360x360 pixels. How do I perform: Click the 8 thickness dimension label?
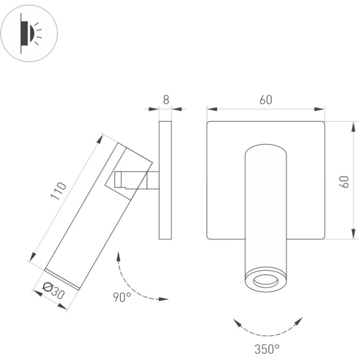coord(166,100)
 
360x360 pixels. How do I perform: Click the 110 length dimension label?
coord(58,191)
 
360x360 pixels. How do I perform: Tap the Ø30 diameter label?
coord(54,291)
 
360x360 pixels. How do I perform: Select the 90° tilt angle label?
coord(122,297)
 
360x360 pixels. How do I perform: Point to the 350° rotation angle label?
coord(267,349)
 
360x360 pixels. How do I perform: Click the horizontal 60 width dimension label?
coord(266,100)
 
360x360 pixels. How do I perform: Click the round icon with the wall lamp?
coord(29,33)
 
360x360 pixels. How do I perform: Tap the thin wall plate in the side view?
coord(166,180)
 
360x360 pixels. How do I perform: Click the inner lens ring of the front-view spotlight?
coord(266,281)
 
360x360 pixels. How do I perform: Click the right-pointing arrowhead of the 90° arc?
coord(164,299)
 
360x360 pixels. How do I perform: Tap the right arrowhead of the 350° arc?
coord(299,321)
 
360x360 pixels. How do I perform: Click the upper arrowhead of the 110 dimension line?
coord(100,139)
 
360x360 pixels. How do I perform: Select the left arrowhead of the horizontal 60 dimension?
coord(212,109)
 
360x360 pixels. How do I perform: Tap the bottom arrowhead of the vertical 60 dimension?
coord(354,234)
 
